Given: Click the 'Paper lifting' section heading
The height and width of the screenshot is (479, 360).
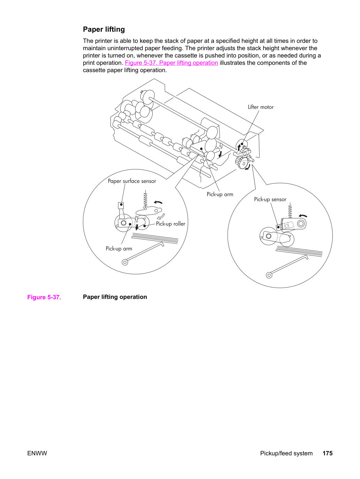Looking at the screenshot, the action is click(104, 30).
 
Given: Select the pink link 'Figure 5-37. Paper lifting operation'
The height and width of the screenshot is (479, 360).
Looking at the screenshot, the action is click(171, 63).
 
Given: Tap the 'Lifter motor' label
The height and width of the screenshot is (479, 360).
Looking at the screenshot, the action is click(260, 107).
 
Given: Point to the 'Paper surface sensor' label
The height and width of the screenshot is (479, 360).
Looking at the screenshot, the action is click(132, 181).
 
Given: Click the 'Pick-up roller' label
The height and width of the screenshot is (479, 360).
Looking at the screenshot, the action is click(170, 224).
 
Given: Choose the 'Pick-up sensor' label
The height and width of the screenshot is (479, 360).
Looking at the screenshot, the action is click(270, 199).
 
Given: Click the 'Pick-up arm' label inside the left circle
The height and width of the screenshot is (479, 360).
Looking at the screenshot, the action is click(119, 248).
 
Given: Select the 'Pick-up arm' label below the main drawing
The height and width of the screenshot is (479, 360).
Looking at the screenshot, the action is click(220, 194).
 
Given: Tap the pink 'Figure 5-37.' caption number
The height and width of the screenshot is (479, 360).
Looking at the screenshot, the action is click(44, 297).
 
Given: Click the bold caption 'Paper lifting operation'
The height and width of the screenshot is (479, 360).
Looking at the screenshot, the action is click(115, 297).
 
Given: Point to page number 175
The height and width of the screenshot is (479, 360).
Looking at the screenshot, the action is click(328, 453).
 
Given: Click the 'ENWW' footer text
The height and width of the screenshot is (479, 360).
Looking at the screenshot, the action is click(37, 453).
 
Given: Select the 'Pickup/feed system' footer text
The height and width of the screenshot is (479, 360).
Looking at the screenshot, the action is click(286, 453).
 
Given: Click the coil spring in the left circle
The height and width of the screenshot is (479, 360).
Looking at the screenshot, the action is click(145, 199).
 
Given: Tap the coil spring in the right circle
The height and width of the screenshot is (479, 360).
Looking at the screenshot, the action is click(290, 210).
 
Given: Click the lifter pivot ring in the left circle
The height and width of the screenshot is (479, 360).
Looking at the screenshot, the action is click(125, 262).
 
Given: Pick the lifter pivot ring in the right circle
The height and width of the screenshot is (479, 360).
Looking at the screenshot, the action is click(269, 275).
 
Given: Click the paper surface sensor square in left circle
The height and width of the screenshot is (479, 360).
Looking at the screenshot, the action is click(121, 205).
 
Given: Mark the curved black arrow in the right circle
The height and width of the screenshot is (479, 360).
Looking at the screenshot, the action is click(303, 216).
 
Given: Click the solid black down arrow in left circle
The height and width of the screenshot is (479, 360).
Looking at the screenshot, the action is click(137, 227).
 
